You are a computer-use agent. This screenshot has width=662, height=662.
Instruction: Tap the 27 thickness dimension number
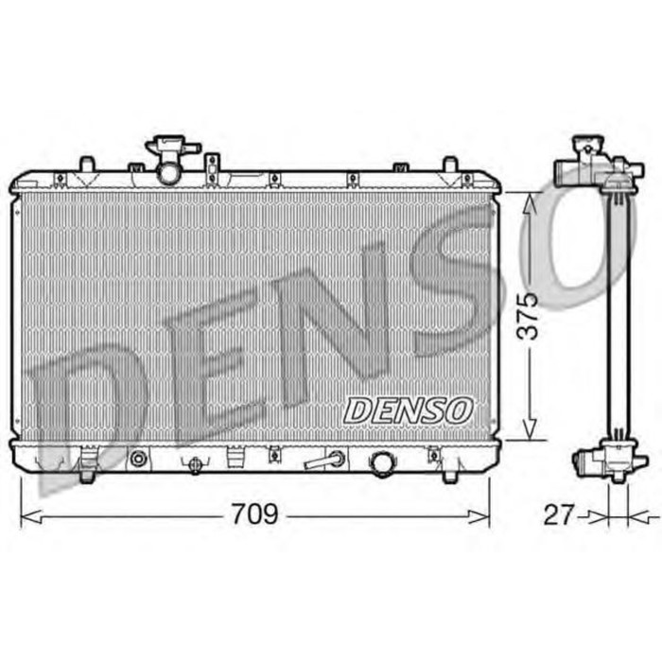click(560, 515)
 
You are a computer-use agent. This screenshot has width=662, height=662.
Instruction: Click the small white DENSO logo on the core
click(408, 409)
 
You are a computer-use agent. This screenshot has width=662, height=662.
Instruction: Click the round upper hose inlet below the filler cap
click(169, 173)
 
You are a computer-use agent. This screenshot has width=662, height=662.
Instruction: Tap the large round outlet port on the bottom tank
click(382, 463)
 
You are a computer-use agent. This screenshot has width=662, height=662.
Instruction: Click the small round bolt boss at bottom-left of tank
click(139, 460)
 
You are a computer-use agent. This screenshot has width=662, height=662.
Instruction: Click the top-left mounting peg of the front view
click(86, 164)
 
